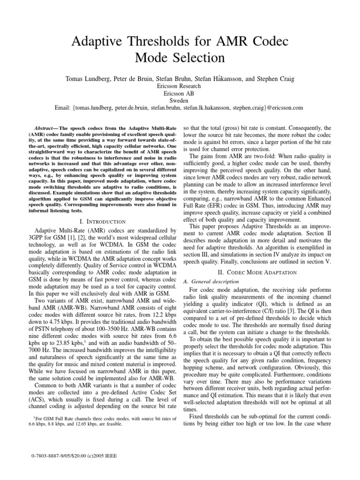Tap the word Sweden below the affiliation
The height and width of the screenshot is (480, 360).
coord(180,100)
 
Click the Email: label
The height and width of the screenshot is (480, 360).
coord(63,108)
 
